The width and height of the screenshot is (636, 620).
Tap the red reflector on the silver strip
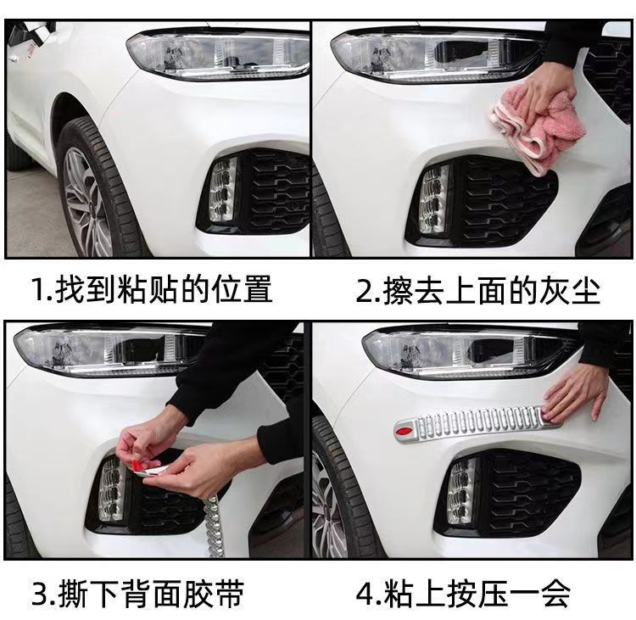tap(405, 429)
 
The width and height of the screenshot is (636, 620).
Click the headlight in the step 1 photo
tap(218, 56)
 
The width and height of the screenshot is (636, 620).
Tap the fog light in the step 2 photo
tap(434, 198)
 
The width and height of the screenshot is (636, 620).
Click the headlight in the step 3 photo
tap(109, 349)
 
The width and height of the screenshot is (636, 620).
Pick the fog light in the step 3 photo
tap(112, 489)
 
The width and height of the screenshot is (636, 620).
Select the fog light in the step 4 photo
tap(462, 490)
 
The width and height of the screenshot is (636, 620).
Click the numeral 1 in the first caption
tap(40, 289)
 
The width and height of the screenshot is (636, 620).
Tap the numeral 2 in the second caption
tap(364, 291)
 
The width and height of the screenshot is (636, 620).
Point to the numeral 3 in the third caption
tap(40, 594)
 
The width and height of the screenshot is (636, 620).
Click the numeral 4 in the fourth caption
tap(364, 594)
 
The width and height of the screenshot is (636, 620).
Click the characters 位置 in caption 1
tap(243, 289)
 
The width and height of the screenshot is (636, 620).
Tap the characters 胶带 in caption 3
tap(214, 594)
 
